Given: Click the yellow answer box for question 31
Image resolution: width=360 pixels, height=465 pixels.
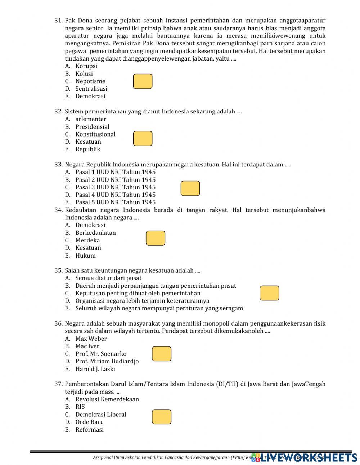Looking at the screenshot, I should point(143,81).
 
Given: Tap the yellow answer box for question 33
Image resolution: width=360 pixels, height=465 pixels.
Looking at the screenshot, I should point(190,188).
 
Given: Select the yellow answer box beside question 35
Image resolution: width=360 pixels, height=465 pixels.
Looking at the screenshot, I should point(269,293).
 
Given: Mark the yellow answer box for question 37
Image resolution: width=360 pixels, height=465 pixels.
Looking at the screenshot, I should point(162,417).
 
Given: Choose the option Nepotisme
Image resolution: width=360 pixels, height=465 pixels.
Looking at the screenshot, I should point(90,81).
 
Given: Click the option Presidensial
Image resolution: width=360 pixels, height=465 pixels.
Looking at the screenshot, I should point(92,126).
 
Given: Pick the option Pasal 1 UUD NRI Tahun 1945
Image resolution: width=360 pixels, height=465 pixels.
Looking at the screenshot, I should point(115,172).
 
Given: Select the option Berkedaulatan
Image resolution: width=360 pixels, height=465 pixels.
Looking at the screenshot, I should point(95,233).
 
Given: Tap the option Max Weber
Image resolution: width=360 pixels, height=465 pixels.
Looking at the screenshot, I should point(91,339).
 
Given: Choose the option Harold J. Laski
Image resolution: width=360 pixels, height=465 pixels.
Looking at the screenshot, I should point(95,369).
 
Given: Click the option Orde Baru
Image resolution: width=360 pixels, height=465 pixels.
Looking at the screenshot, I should point(89,422).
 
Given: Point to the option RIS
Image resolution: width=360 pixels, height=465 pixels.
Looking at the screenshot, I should point(80,407).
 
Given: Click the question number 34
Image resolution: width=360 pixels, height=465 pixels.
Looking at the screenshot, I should point(59,210).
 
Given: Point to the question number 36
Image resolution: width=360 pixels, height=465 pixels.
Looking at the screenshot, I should point(59,323).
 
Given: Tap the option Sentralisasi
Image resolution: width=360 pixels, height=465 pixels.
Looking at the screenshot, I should point(91,89).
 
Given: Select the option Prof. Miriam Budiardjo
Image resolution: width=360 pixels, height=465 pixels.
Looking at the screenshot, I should point(107,361).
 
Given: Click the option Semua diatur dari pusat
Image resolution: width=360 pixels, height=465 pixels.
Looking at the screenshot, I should point(108,278).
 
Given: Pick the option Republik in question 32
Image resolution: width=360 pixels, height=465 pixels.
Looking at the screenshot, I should point(88,149).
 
